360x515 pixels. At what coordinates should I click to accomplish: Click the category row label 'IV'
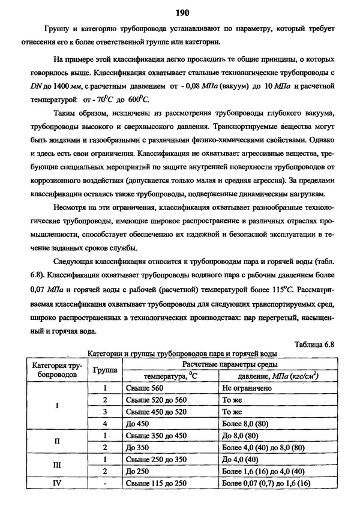point(57,483)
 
